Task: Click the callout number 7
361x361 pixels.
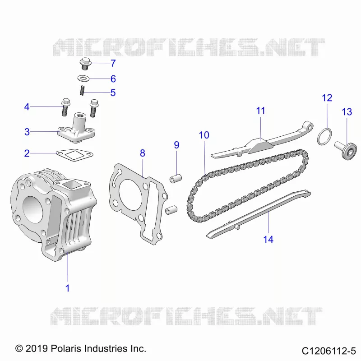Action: click(113, 63)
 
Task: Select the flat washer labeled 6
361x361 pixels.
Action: click(83, 79)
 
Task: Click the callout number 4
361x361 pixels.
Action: click(27, 107)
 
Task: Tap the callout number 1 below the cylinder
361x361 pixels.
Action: click(67, 288)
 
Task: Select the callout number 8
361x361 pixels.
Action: click(143, 153)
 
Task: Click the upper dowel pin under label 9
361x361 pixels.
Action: click(176, 178)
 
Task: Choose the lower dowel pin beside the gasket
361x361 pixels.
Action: click(171, 210)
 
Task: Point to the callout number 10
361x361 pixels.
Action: click(204, 135)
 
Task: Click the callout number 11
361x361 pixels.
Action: click(261, 111)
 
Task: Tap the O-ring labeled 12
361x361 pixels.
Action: click(324, 137)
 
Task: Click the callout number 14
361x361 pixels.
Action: click(268, 240)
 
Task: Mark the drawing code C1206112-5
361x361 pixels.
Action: click(329, 351)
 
